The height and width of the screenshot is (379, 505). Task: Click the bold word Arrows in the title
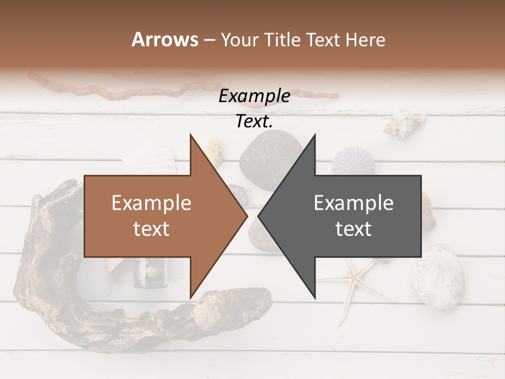(x=165, y=39)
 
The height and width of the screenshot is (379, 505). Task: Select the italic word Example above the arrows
(x=254, y=96)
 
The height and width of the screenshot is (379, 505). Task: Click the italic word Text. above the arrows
(x=254, y=122)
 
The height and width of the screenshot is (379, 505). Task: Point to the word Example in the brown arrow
(x=151, y=203)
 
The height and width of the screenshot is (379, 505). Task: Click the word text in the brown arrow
(x=151, y=228)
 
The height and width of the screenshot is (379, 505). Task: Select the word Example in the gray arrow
(x=353, y=203)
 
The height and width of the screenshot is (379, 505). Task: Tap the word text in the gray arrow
(x=353, y=228)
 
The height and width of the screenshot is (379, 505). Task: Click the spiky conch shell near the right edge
(x=404, y=124)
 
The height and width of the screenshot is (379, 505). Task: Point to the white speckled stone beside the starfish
(x=437, y=276)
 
